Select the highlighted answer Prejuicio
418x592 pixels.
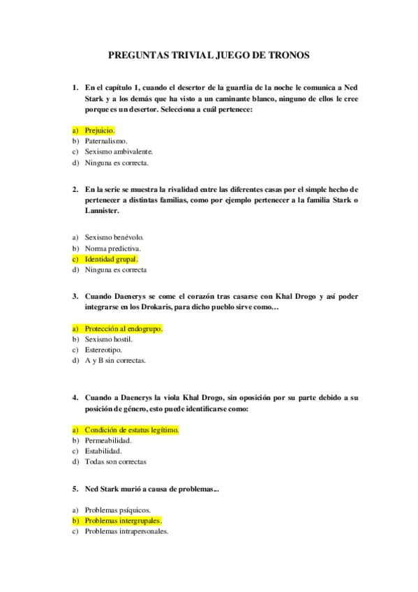coord(100,130)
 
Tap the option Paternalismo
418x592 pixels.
coord(106,140)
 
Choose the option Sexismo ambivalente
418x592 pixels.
coord(119,151)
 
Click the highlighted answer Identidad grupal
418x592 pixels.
coord(111,259)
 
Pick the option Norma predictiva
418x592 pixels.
coord(113,248)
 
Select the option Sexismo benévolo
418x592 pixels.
coord(114,237)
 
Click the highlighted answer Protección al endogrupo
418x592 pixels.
coord(123,328)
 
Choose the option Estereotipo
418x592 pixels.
coord(103,350)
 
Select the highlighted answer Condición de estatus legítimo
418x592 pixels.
coord(131,430)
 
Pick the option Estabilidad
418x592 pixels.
coord(103,451)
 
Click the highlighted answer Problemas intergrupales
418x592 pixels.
coord(123,521)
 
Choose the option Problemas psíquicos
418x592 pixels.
coord(117,510)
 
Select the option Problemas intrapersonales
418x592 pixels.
coord(126,531)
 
